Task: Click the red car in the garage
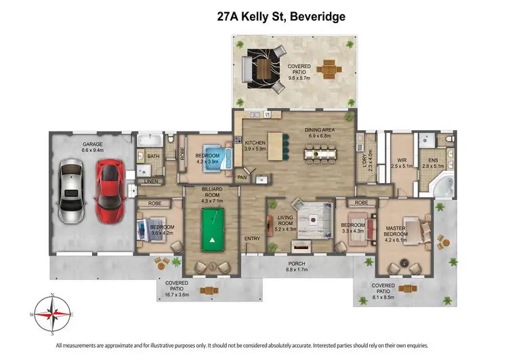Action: pyautogui.click(x=109, y=194)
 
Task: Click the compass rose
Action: pyautogui.click(x=53, y=314)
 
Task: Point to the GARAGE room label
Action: pyautogui.click(x=92, y=144)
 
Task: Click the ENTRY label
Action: pyautogui.click(x=253, y=238)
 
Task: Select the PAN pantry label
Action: pyautogui.click(x=242, y=178)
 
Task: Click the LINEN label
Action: pyautogui.click(x=150, y=182)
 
